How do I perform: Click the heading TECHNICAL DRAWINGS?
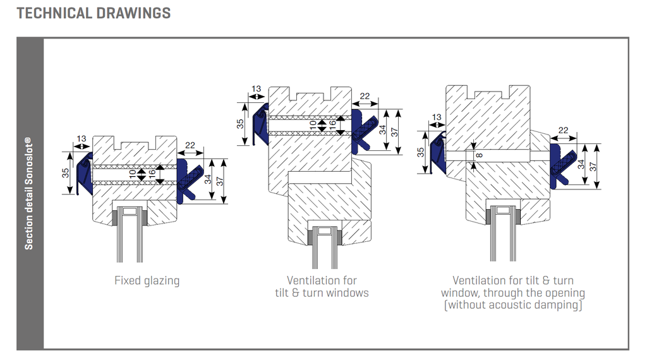pos(94,13)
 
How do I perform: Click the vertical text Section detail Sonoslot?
pos(29,193)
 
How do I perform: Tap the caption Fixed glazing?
pos(147,280)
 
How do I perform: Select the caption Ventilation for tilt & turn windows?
pos(322,286)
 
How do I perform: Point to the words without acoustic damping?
pos(512,305)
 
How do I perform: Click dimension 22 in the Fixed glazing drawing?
pos(190,146)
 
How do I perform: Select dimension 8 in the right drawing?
pos(478,155)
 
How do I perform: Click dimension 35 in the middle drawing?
pos(240,124)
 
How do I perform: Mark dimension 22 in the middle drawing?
pos(365,96)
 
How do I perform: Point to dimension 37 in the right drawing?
pos(593,166)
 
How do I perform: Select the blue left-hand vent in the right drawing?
pos(437,155)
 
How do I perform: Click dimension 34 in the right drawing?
pos(581,167)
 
